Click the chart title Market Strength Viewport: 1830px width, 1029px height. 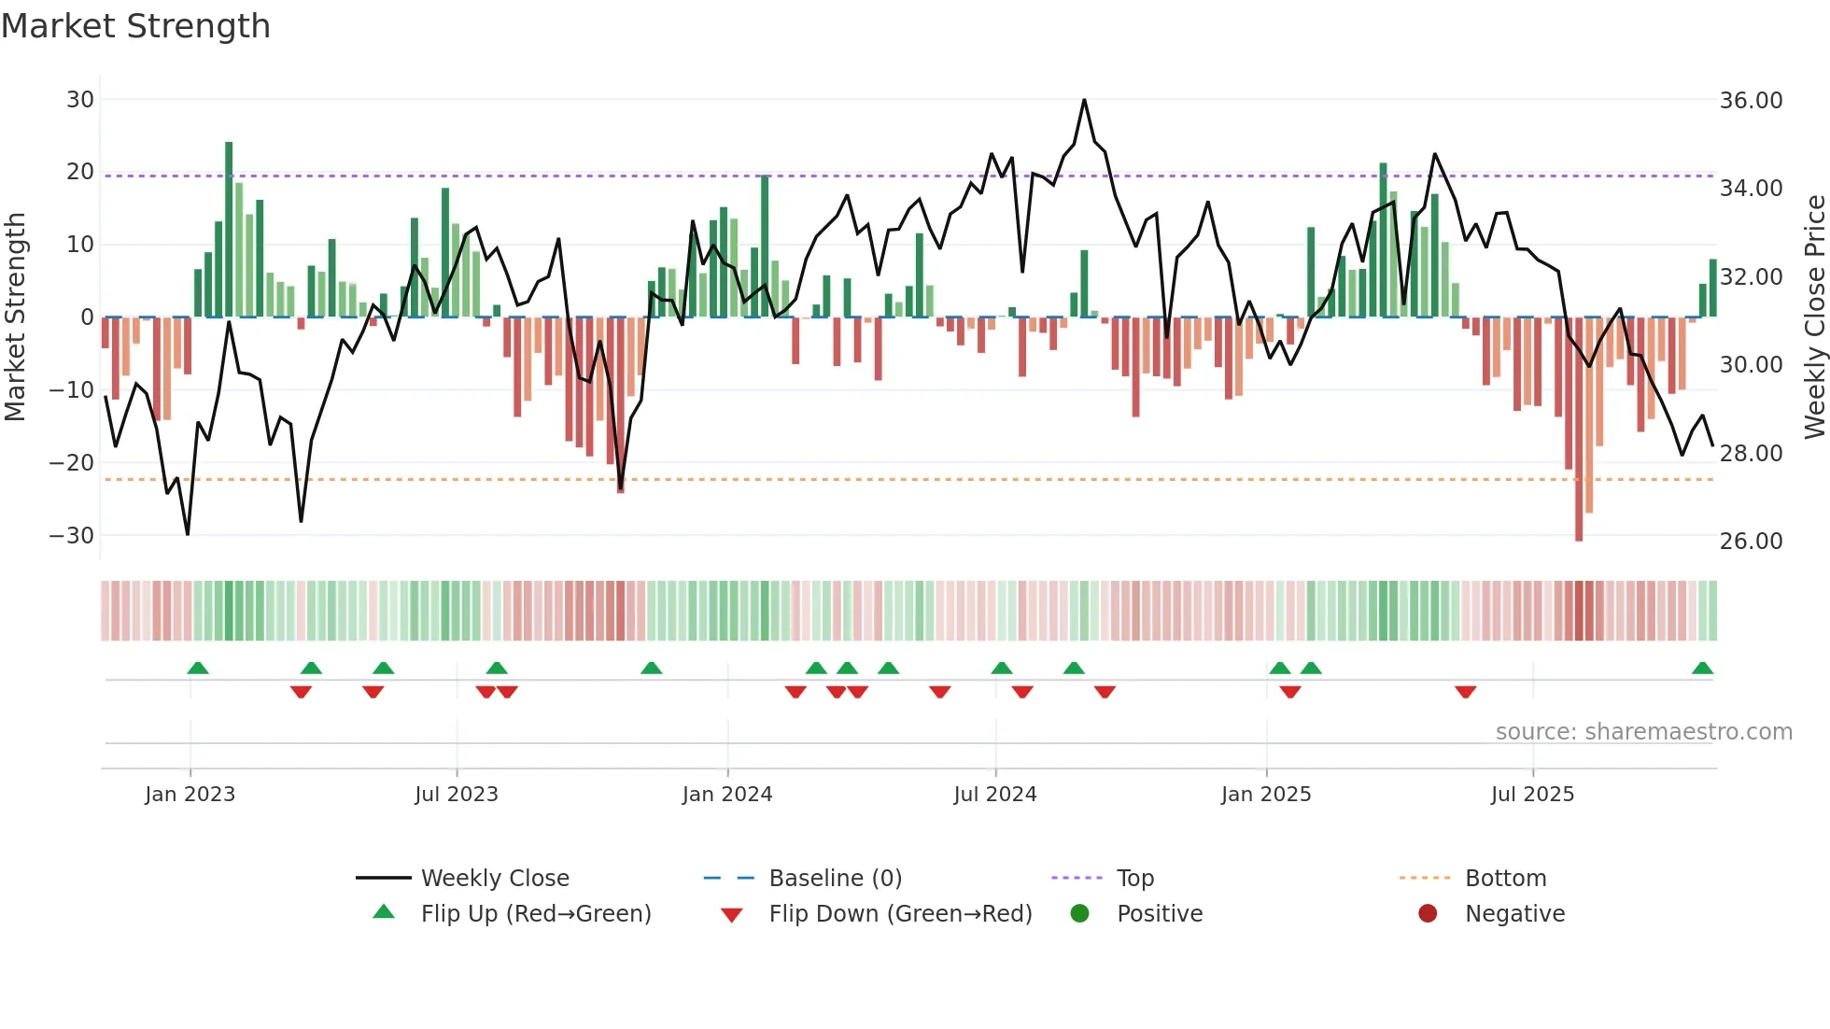click(135, 26)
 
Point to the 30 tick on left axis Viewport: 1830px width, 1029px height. click(80, 100)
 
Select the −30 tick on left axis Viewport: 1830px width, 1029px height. click(72, 536)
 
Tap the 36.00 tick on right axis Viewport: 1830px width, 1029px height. click(1751, 101)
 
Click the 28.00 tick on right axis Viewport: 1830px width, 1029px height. click(1751, 454)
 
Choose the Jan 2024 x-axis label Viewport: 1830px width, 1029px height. click(727, 795)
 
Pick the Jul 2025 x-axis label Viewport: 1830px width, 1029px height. click(1532, 795)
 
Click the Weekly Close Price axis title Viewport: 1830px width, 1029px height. click(1814, 317)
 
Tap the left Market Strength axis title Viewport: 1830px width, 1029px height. click(15, 317)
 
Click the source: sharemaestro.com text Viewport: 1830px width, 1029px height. click(1643, 732)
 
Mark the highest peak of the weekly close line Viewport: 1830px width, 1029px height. click(1084, 100)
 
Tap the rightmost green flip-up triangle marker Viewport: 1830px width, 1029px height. click(1702, 669)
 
